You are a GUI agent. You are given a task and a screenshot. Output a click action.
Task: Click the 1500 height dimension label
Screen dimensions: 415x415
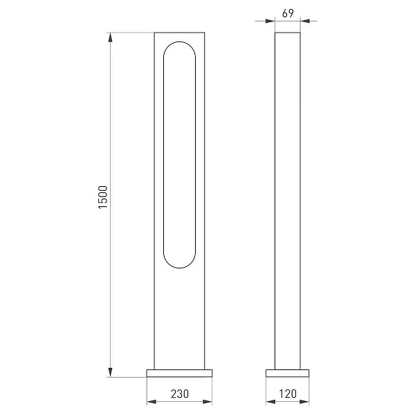[102, 197]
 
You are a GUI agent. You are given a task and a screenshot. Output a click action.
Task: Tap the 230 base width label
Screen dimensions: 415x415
[180, 394]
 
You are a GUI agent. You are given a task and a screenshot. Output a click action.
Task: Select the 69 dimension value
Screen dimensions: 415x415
[288, 13]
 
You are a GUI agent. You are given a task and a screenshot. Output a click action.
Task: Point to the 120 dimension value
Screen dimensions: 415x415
[288, 394]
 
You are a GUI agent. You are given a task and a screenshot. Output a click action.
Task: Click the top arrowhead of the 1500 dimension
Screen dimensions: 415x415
[111, 37]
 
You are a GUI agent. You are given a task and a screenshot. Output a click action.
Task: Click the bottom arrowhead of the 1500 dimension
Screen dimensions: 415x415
[111, 372]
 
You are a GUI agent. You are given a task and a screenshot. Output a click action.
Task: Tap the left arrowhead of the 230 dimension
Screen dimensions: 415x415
[151, 402]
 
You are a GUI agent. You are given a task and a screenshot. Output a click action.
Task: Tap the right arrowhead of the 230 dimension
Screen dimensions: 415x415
[207, 402]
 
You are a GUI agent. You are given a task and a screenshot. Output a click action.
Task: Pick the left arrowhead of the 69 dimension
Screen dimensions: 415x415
[270, 21]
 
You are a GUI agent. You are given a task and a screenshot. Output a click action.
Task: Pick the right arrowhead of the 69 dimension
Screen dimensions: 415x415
[305, 21]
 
